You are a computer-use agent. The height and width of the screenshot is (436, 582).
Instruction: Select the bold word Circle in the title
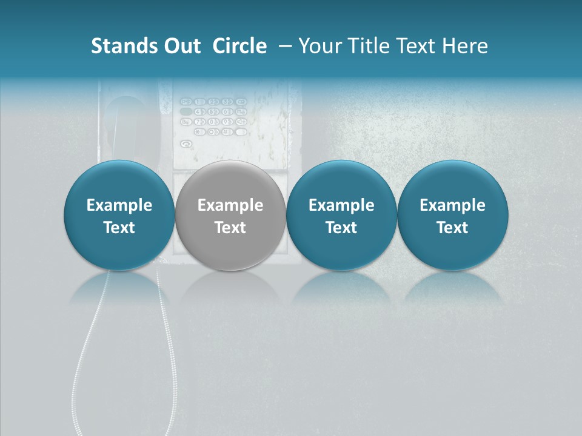(x=239, y=46)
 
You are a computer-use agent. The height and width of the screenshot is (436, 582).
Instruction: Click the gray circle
(x=230, y=215)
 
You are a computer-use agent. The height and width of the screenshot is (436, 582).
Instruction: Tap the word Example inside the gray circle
(x=230, y=205)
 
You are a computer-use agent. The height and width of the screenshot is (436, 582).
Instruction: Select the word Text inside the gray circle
(x=230, y=228)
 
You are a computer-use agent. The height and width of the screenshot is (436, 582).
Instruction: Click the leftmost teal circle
(x=119, y=215)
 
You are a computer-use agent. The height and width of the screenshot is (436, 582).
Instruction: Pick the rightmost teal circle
(x=453, y=215)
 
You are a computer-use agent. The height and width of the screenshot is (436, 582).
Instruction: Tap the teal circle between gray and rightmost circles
(x=341, y=215)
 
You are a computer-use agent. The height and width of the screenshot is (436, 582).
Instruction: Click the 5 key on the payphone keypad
(x=213, y=111)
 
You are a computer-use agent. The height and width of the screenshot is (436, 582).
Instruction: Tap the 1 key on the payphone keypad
(x=200, y=102)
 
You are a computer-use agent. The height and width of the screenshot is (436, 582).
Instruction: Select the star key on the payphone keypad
(x=200, y=131)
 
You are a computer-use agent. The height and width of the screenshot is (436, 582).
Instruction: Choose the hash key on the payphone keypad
(x=227, y=131)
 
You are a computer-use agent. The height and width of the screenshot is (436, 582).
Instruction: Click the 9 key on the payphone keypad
(x=227, y=121)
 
